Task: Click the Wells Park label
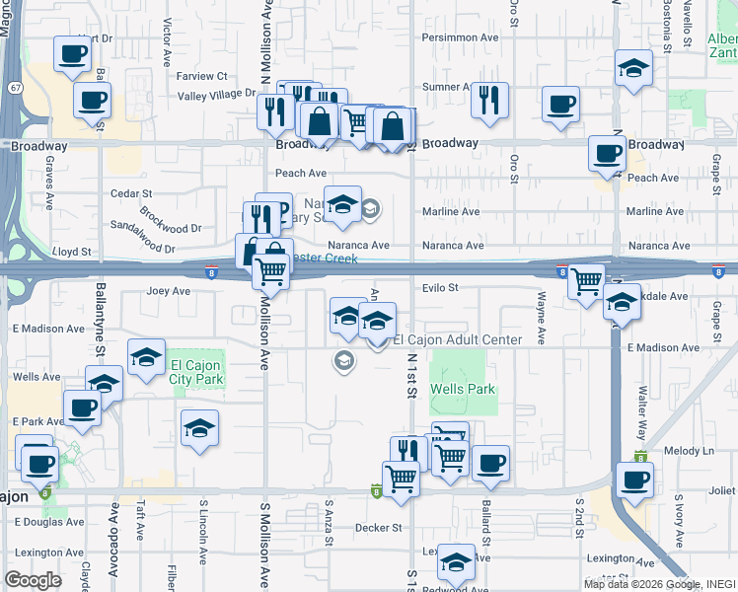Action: pyautogui.click(x=462, y=390)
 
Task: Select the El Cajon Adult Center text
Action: pyautogui.click(x=457, y=340)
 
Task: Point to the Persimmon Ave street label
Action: pyautogui.click(x=462, y=37)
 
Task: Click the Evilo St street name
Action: pyautogui.click(x=441, y=288)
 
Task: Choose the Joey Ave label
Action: pyautogui.click(x=168, y=292)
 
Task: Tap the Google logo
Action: pyautogui.click(x=34, y=580)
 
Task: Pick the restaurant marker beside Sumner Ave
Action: pyautogui.click(x=488, y=101)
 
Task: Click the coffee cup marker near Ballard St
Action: pyautogui.click(x=489, y=462)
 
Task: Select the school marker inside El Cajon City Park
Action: pyautogui.click(x=146, y=357)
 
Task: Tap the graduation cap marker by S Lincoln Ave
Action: pyautogui.click(x=199, y=428)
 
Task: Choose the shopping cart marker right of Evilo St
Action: pyautogui.click(x=587, y=282)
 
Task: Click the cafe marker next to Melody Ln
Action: pyautogui.click(x=634, y=481)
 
